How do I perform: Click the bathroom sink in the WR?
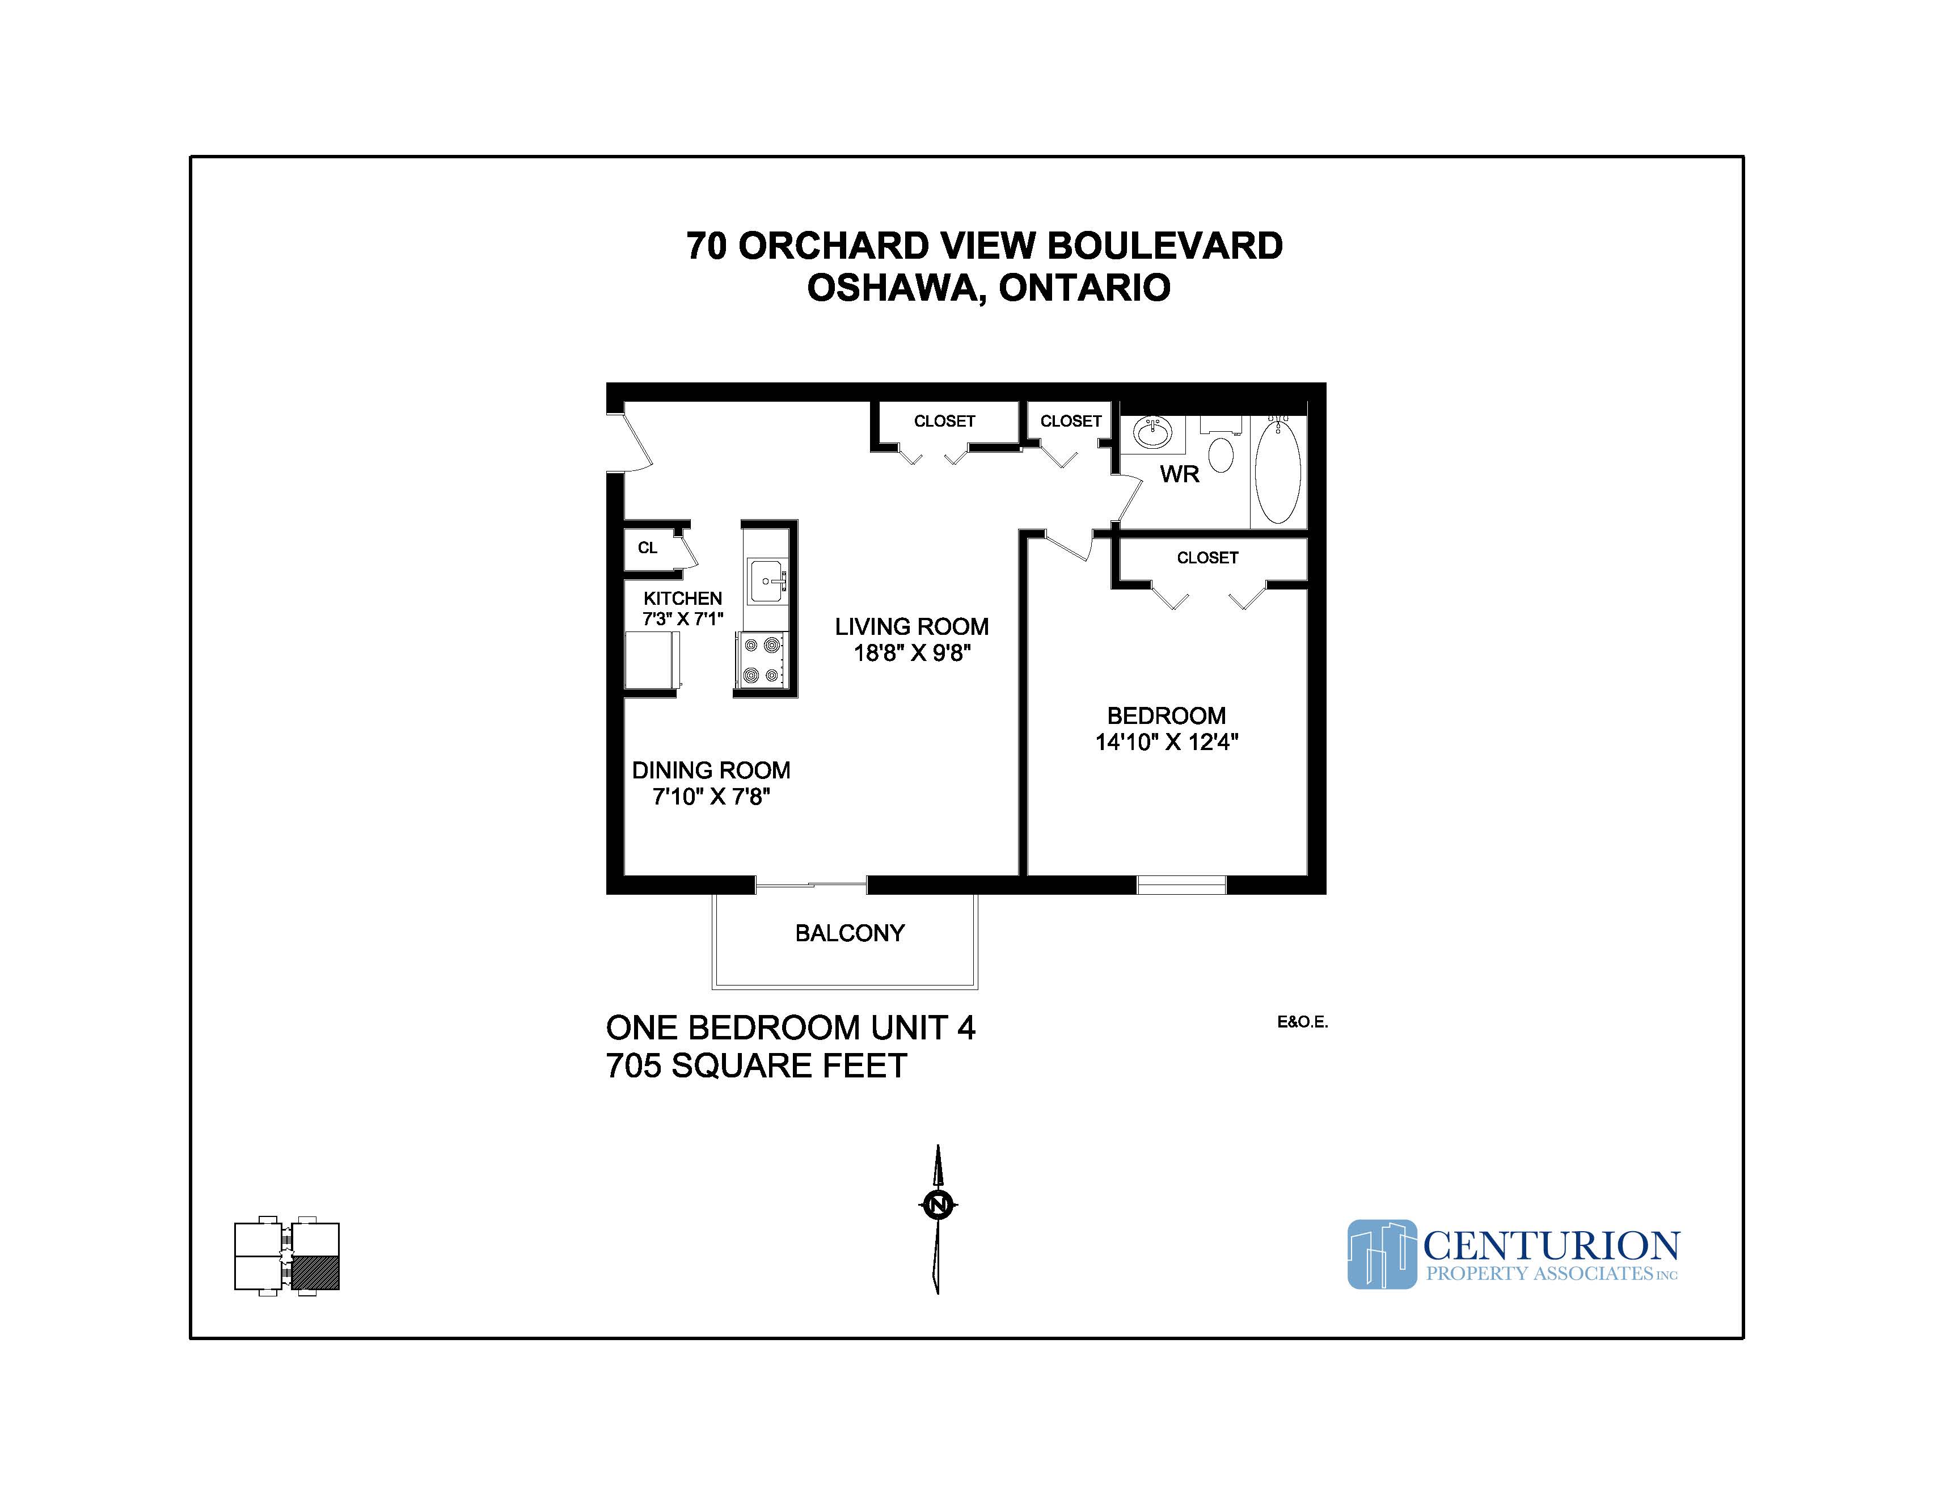point(1152,434)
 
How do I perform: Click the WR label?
point(1180,475)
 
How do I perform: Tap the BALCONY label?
point(849,933)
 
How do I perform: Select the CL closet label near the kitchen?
point(647,548)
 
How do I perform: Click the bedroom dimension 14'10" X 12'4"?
point(1166,742)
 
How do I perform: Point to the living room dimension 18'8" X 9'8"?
point(911,654)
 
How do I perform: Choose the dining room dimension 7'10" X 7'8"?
point(711,797)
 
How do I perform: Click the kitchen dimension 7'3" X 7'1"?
point(683,619)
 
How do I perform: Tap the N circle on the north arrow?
point(938,1205)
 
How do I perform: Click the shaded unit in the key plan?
point(315,1273)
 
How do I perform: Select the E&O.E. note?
point(1302,1022)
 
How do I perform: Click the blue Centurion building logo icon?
point(1382,1254)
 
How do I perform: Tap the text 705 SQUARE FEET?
point(756,1066)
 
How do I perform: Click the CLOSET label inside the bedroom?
point(1207,558)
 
